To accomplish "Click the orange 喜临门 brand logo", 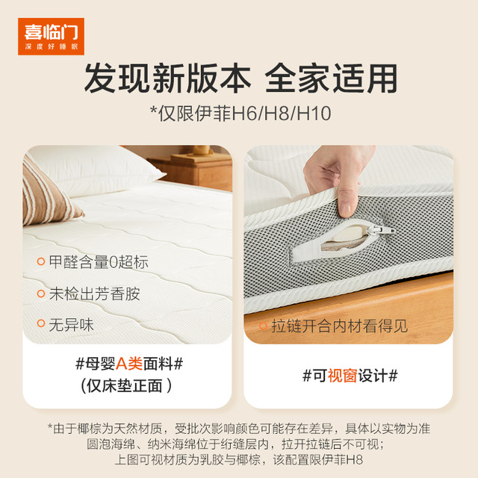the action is tap(51, 37).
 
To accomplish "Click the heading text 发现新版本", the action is tap(167, 78).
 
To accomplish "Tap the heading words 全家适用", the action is tap(331, 78).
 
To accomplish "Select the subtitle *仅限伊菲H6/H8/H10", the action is tap(240, 114).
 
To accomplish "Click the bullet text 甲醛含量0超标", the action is tap(99, 262).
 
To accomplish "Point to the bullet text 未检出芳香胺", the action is tap(95, 294).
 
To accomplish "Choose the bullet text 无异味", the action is tap(72, 325).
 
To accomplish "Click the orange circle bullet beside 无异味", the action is tap(41, 323).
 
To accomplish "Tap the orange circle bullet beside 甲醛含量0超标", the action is tap(41, 261).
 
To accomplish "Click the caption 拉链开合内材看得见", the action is tap(339, 326).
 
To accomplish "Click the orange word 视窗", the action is tap(342, 376).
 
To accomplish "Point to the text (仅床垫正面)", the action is tap(126, 386).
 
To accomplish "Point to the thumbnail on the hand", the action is tap(346, 210).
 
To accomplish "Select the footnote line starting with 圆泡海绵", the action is tap(235, 444).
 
